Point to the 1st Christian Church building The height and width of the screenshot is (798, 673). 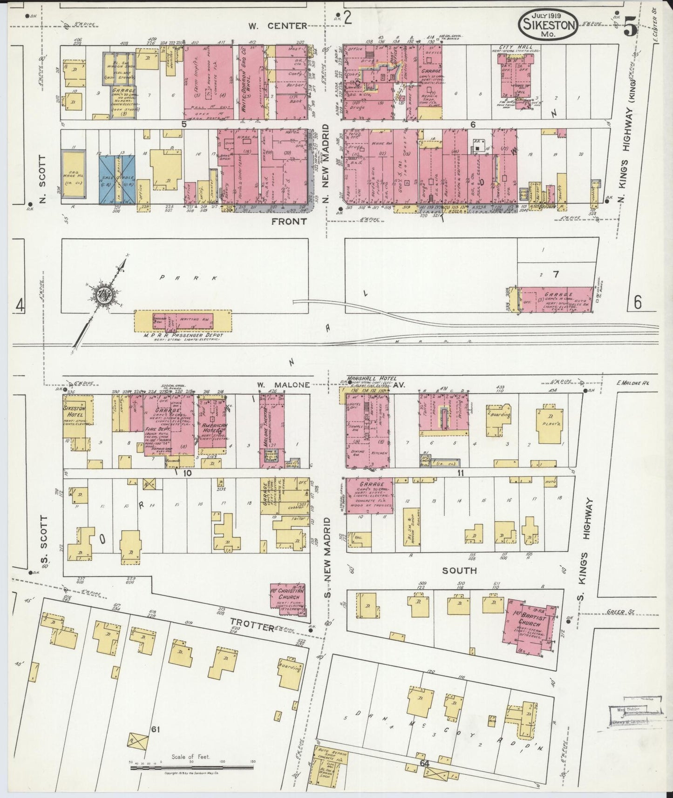pos(288,596)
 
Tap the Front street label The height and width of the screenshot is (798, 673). pos(289,222)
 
